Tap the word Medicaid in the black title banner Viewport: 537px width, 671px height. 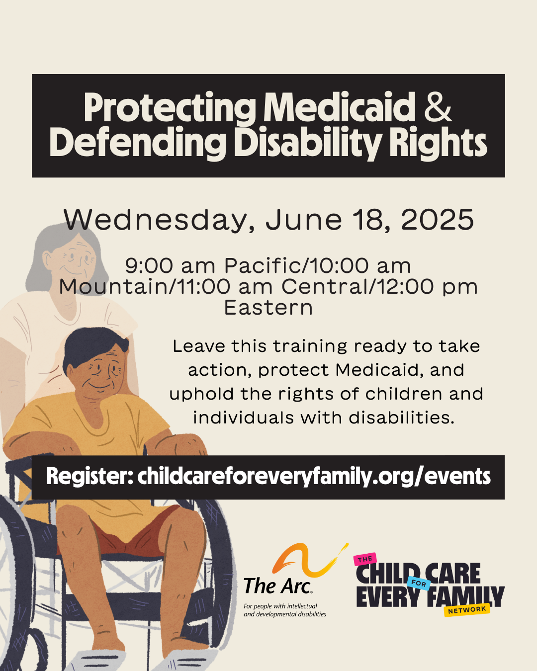coord(340,107)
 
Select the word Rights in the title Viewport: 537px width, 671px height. coord(438,142)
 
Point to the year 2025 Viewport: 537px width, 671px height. coord(437,220)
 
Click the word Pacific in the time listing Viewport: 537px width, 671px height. coord(264,265)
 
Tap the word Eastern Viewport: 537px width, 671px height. coord(268,308)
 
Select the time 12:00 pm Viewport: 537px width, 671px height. coord(427,287)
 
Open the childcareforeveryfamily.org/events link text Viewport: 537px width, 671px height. coord(314,477)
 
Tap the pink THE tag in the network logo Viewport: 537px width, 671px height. coord(365,559)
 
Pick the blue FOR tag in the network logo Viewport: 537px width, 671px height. coord(419,583)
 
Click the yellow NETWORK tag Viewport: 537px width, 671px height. coord(467,610)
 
